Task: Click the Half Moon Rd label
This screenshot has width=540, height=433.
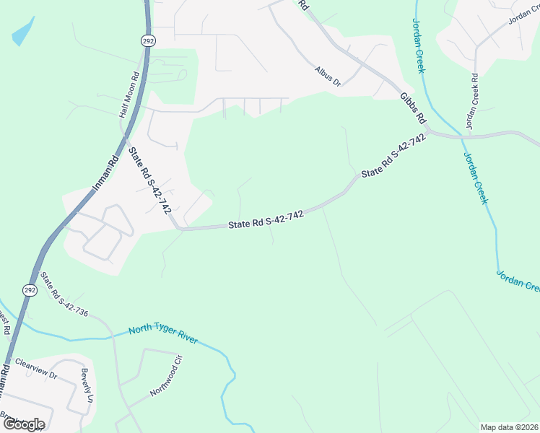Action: tap(129, 94)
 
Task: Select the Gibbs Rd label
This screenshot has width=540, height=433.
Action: tap(414, 108)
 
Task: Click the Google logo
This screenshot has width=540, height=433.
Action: tap(23, 424)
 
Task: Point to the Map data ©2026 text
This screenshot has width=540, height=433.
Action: tap(510, 427)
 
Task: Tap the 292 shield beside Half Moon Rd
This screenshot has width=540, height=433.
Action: tap(147, 40)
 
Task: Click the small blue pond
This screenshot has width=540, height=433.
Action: tap(23, 31)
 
